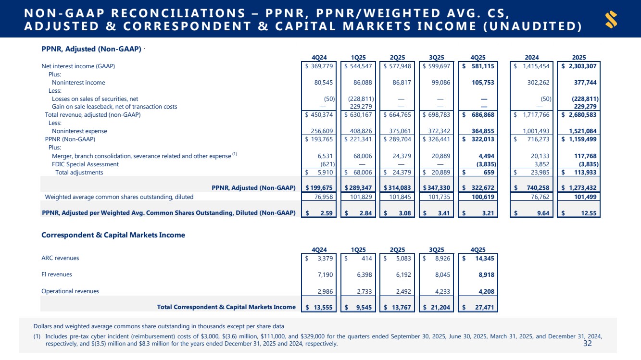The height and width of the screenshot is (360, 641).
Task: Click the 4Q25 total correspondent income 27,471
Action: tap(482, 307)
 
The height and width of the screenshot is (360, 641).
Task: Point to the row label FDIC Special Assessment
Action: tap(85, 164)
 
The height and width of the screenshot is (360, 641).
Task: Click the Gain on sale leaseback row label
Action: tap(114, 107)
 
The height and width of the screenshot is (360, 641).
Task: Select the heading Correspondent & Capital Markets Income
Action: tap(113, 235)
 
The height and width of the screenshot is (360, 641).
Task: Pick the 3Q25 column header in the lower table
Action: tap(436, 249)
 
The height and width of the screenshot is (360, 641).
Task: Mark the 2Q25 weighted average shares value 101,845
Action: tap(400, 197)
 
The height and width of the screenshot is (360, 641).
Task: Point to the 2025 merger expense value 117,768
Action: tap(586, 156)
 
